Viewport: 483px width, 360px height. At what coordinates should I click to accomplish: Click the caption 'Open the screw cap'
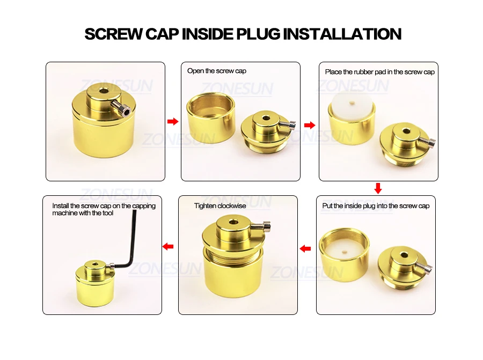217,71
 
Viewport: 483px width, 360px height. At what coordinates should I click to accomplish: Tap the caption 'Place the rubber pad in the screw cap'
379,71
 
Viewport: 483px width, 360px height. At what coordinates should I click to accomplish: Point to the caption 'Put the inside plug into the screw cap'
376,205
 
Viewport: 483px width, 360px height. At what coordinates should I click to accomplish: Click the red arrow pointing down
378,188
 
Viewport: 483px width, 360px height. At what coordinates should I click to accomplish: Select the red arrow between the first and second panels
172,122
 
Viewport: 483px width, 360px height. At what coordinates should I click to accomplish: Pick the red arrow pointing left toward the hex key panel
167,246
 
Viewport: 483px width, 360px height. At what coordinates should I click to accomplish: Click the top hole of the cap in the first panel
103,92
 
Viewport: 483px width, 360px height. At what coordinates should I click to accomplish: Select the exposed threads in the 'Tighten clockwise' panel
232,256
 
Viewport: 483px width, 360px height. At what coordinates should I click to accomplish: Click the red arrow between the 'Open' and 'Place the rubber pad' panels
309,125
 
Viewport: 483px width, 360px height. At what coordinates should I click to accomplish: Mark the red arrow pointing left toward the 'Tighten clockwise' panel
305,248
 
